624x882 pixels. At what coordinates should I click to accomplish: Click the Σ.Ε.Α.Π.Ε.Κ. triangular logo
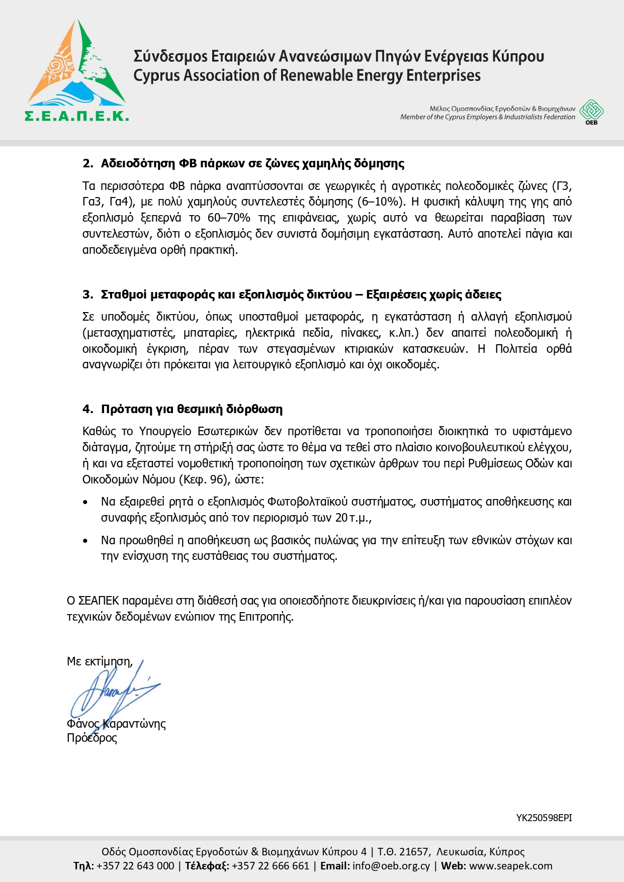(x=76, y=70)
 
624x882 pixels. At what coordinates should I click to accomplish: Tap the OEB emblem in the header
(x=591, y=111)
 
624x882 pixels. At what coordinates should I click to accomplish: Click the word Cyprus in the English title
(x=156, y=76)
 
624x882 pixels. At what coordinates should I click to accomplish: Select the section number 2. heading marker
(x=88, y=164)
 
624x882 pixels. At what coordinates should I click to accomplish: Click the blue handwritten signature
(x=113, y=691)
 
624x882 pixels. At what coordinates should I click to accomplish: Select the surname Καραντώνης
(x=134, y=724)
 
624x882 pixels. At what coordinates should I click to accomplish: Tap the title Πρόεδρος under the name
(x=92, y=738)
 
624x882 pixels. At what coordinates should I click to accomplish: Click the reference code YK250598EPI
(x=544, y=818)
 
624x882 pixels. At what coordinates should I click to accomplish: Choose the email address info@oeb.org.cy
(x=391, y=866)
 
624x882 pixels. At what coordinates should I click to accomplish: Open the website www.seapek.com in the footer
(x=510, y=866)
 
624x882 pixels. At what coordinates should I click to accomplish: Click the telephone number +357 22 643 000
(x=135, y=866)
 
